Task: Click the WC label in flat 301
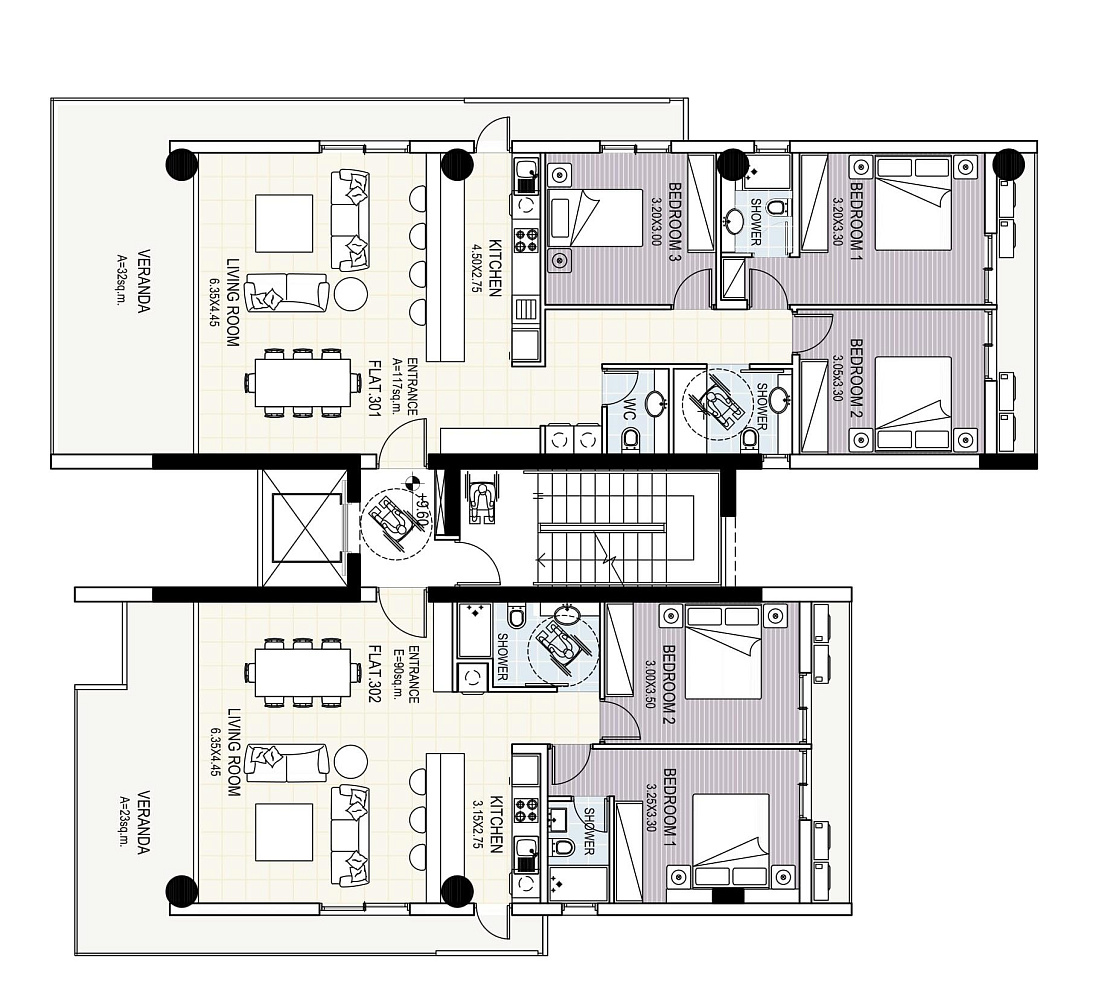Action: [x=627, y=413]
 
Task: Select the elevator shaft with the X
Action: [x=302, y=526]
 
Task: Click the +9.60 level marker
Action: [x=422, y=504]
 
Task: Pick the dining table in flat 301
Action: [x=298, y=385]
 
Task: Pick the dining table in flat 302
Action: [x=298, y=672]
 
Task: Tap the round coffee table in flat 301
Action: [x=350, y=292]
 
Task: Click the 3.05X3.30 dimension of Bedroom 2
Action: [x=840, y=379]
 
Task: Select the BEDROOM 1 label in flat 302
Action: [x=670, y=804]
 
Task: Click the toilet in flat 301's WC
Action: [x=629, y=442]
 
